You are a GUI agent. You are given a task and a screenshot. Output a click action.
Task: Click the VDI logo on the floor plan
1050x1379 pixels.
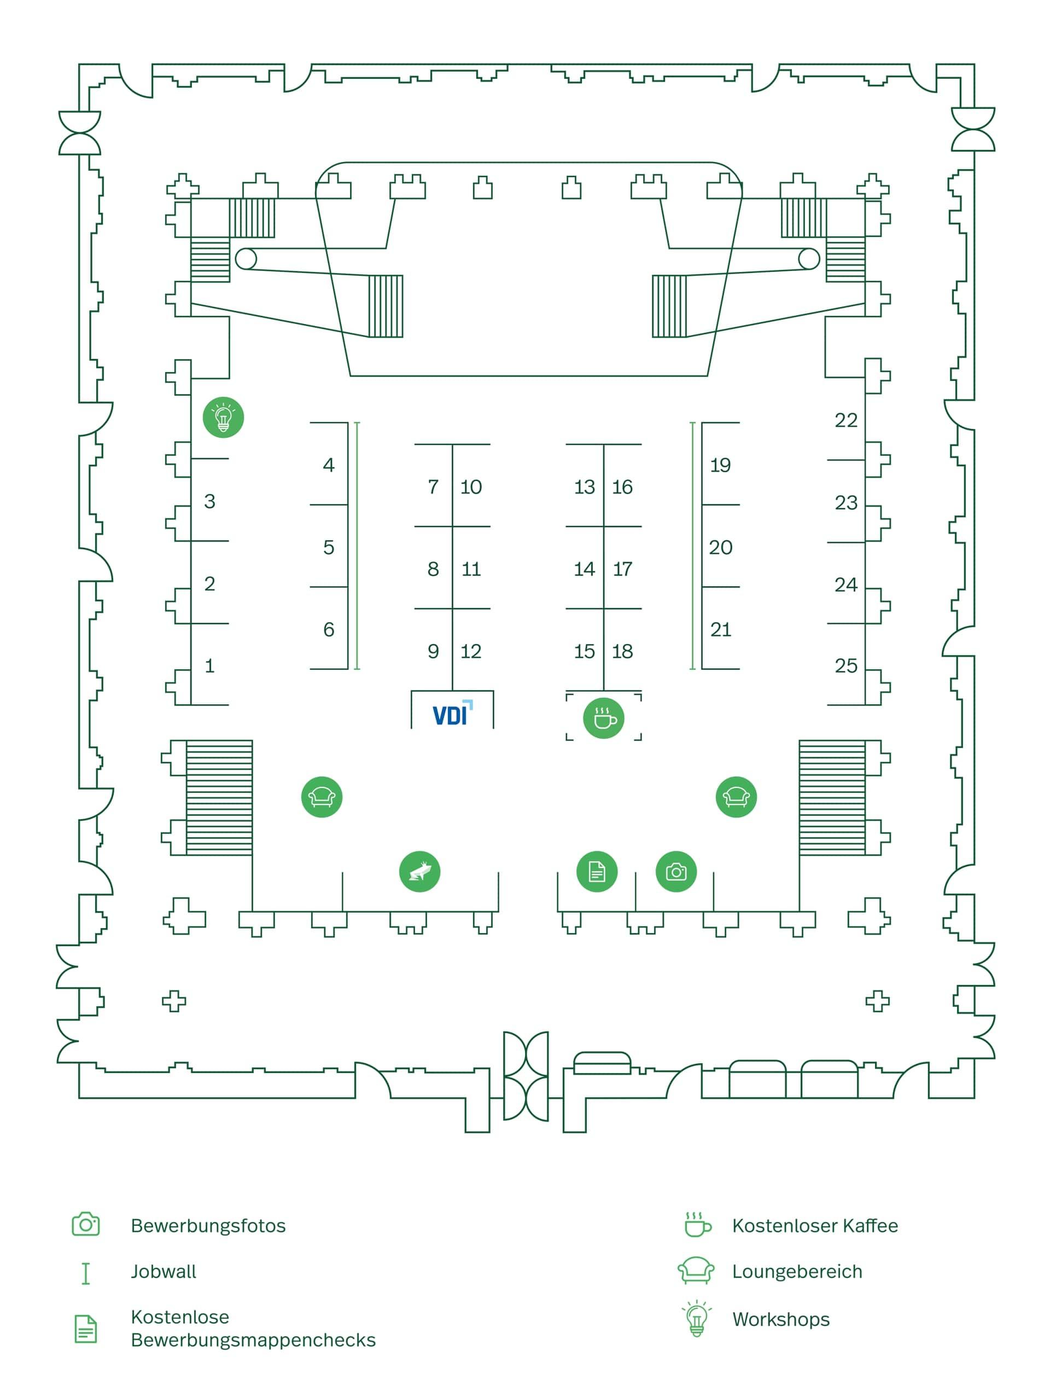point(452,714)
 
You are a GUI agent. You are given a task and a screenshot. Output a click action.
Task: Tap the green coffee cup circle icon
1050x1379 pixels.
point(604,718)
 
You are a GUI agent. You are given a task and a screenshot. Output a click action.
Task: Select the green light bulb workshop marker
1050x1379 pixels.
point(223,417)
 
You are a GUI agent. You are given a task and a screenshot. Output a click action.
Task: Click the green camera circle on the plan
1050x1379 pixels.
point(676,871)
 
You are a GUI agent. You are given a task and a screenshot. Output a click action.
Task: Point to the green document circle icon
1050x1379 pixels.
point(597,871)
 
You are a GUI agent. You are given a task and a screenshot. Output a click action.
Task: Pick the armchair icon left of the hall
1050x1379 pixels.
point(322,797)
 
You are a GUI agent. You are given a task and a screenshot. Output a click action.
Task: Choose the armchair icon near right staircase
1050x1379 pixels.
point(736,797)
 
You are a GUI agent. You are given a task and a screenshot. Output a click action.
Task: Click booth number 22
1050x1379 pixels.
point(845,420)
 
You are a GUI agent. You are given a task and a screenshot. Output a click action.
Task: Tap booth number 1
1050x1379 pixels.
point(209,665)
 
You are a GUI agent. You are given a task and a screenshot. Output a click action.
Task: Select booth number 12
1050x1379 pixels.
point(471,651)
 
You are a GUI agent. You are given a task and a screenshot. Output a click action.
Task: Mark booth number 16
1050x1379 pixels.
point(622,486)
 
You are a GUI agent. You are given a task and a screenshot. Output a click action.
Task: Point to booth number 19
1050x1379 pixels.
point(720,465)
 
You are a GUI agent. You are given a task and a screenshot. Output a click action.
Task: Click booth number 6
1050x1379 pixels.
point(329,629)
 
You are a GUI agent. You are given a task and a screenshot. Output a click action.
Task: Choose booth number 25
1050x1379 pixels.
point(845,665)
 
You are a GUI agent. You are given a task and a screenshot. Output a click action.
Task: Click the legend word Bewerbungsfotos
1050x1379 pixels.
point(208,1225)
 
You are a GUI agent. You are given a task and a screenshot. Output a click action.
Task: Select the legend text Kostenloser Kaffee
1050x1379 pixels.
point(814,1225)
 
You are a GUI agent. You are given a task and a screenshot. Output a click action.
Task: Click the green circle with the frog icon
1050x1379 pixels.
point(419,871)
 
